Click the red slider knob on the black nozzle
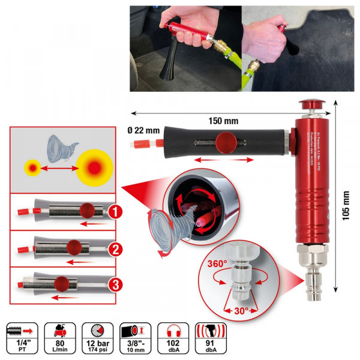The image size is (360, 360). (x=225, y=143)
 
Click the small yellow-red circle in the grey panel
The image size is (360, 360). (x=31, y=167)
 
